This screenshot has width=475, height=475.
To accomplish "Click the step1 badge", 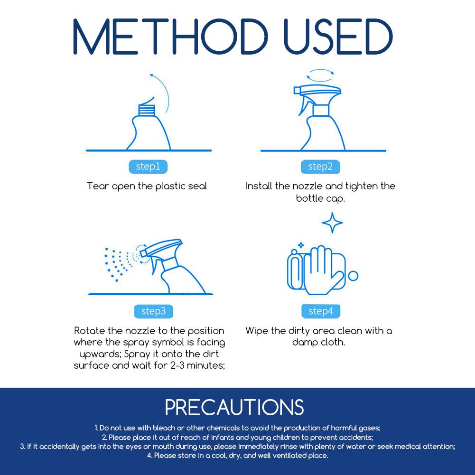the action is [148, 167].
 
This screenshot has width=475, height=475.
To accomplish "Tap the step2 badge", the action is [320, 167].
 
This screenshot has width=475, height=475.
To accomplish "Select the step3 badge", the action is [154, 311].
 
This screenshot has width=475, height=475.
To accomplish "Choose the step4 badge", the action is [321, 311].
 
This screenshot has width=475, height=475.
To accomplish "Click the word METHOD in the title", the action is [170, 37].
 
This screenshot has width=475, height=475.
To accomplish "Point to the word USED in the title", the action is [338, 37].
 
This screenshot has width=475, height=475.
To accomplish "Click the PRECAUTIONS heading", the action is [234, 408].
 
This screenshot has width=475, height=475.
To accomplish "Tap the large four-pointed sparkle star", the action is [332, 223].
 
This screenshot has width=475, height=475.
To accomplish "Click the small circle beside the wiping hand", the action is [353, 276].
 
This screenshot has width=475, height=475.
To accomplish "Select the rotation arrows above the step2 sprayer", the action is [320, 75].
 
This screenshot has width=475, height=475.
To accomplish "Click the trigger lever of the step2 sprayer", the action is [303, 105].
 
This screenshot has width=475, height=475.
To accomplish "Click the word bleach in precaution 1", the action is [164, 428].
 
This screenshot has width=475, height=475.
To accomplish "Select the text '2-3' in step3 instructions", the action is [177, 365].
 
